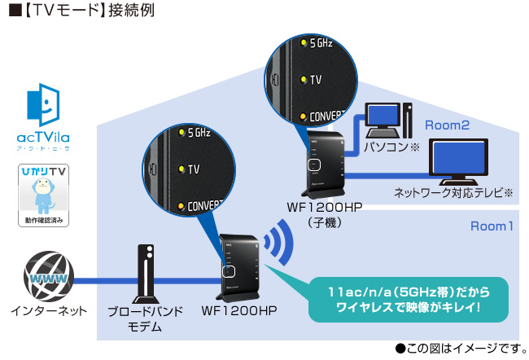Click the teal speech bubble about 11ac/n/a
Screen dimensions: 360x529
(x=410, y=299)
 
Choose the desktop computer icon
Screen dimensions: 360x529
(x=387, y=121)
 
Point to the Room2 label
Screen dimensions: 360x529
(x=447, y=125)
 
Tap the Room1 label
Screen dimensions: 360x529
(x=492, y=226)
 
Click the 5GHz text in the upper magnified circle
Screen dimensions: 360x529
(x=321, y=42)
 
